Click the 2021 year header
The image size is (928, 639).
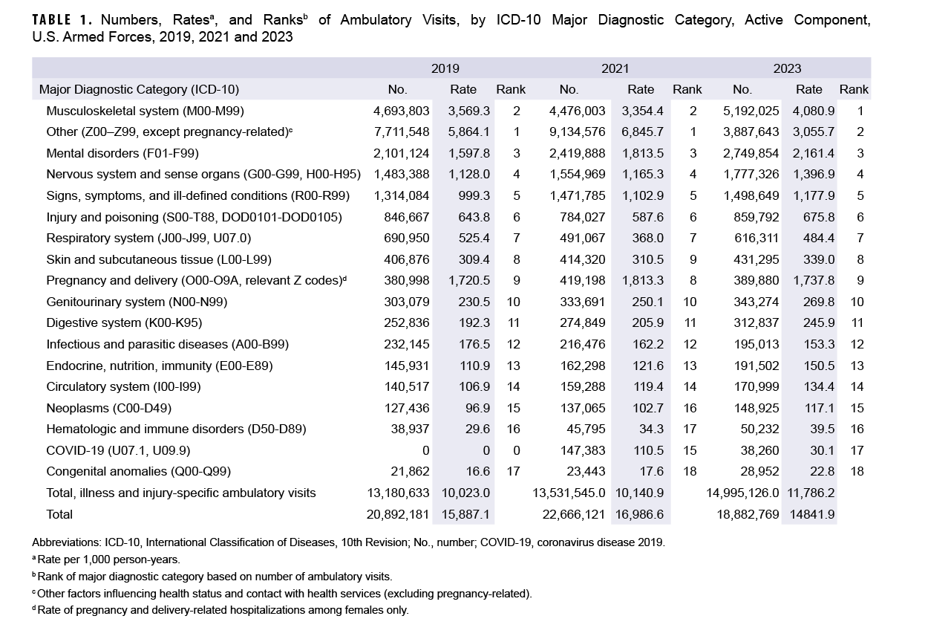coord(615,68)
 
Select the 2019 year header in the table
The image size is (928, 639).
coord(445,68)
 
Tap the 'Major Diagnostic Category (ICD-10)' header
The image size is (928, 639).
coord(139,89)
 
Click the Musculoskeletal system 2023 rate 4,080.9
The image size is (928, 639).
coord(809,111)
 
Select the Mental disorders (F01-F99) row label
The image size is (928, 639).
coord(122,154)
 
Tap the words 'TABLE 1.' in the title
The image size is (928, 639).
coord(63,20)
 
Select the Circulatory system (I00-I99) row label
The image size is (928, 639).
coord(123,386)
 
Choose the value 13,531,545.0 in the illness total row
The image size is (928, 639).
coord(569,493)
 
